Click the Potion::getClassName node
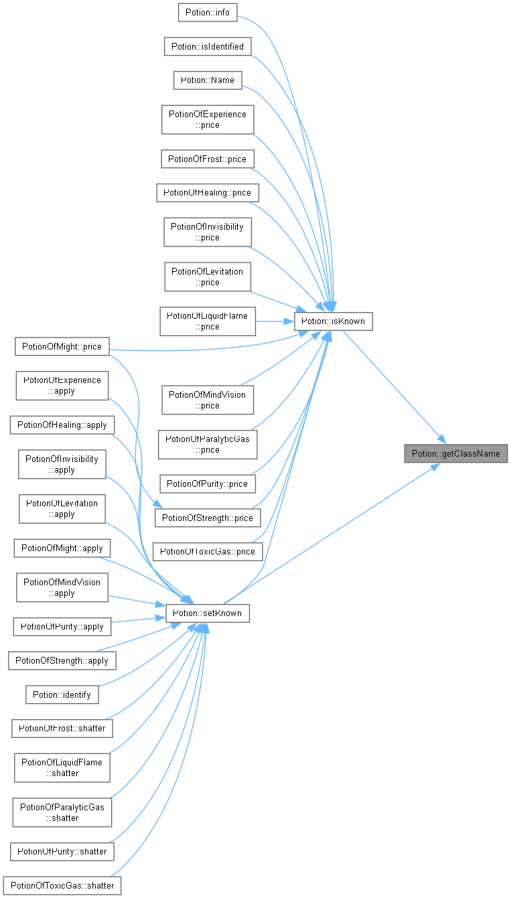(x=455, y=453)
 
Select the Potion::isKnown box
(x=334, y=321)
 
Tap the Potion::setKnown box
(x=208, y=613)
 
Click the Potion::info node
(x=208, y=13)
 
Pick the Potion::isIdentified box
(x=208, y=46)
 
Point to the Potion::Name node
(x=208, y=80)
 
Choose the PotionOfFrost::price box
(x=208, y=159)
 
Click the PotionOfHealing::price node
(x=208, y=193)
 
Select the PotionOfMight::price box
(x=62, y=346)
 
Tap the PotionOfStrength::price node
(x=208, y=518)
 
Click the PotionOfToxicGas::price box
(x=208, y=552)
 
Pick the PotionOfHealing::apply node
(x=62, y=425)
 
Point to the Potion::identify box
(x=62, y=694)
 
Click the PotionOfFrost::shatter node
(x=62, y=729)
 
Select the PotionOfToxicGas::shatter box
(x=62, y=885)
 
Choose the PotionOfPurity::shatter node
(x=62, y=852)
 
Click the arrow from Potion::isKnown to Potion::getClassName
(x=394, y=387)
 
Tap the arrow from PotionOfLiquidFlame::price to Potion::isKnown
(x=275, y=321)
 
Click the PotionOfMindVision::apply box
(x=62, y=587)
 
